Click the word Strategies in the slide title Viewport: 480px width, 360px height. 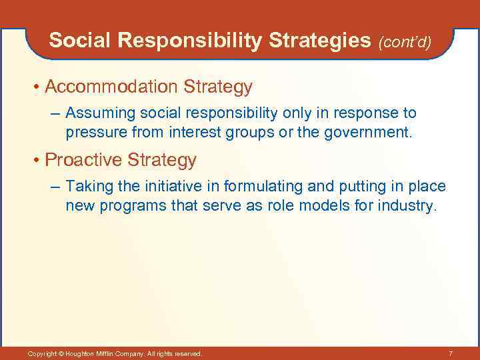(x=320, y=41)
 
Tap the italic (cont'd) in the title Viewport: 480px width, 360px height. (x=405, y=42)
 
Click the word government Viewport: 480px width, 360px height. (x=367, y=132)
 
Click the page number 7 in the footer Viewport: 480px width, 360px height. (x=451, y=353)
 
